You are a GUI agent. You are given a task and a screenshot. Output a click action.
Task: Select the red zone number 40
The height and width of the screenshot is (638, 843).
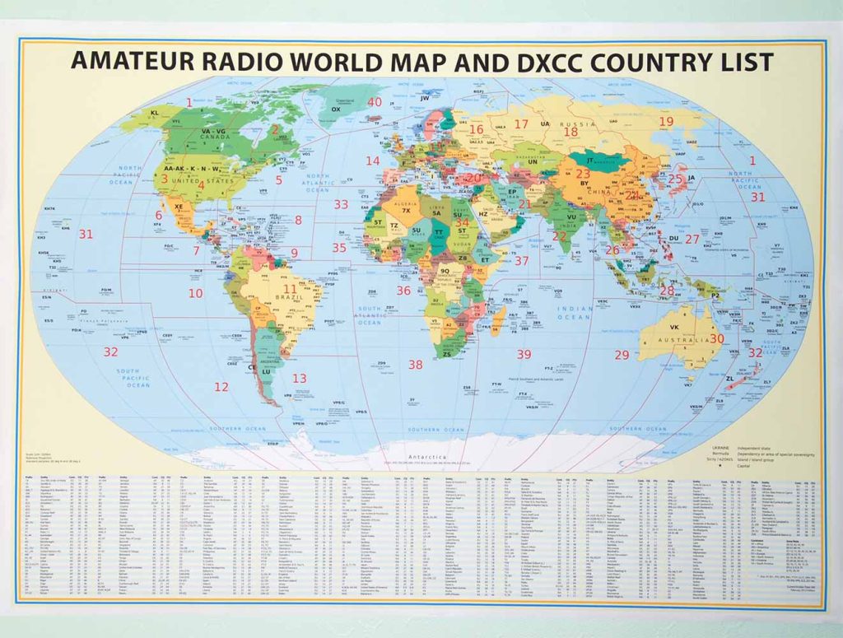tap(375, 102)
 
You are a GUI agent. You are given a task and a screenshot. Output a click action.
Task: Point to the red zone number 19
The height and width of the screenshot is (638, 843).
tap(665, 122)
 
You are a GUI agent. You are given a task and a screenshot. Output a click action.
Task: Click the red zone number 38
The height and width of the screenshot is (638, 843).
tap(416, 364)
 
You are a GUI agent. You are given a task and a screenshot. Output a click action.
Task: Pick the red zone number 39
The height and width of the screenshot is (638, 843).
tap(524, 355)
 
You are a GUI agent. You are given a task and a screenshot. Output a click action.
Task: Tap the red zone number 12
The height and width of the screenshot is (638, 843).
tap(221, 386)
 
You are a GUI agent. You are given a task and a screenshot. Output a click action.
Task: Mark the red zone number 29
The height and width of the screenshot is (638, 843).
tap(622, 355)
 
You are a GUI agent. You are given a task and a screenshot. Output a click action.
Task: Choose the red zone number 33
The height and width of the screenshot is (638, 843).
tap(341, 204)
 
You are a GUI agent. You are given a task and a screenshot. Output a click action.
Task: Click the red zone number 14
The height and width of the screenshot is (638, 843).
tap(373, 161)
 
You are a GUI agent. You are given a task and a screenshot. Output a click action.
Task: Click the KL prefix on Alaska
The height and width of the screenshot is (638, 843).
tap(154, 113)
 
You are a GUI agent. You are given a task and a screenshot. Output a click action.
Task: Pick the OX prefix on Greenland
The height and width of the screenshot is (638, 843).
tap(335, 109)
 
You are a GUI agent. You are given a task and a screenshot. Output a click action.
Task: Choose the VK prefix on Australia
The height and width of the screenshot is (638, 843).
tap(685, 327)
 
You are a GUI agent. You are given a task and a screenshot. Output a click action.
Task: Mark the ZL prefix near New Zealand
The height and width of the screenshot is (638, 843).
tap(729, 379)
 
